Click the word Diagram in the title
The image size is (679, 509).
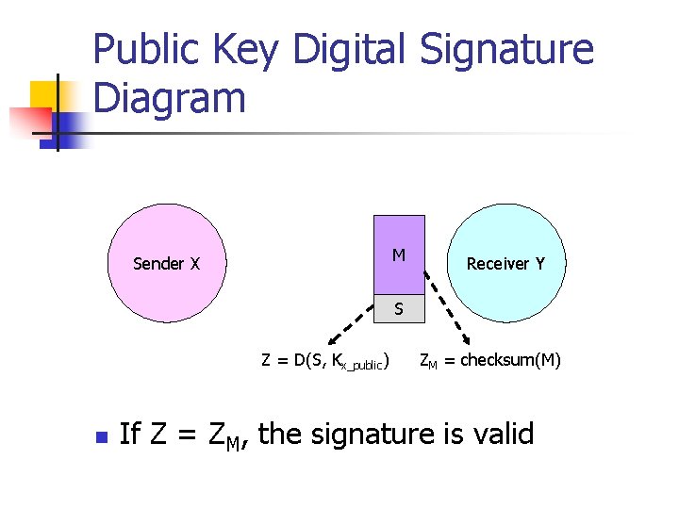[171, 97]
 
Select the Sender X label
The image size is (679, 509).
[167, 264]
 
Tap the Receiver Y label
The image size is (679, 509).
[505, 264]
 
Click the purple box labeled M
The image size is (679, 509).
[399, 254]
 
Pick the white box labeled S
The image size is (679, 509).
[399, 308]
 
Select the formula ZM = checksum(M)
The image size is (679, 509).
[489, 359]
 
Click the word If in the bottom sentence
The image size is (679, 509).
[130, 434]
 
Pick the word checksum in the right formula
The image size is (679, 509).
[498, 359]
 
